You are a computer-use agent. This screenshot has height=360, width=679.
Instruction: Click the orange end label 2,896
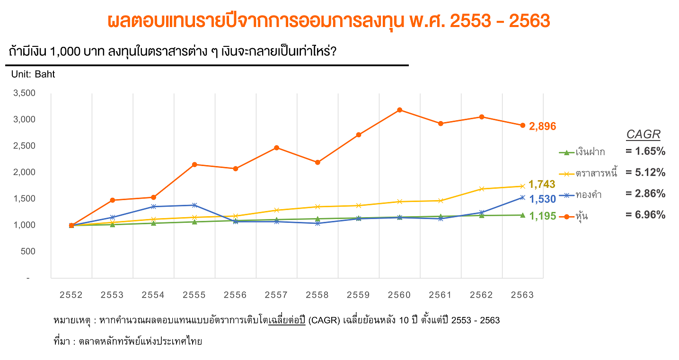pos(542,126)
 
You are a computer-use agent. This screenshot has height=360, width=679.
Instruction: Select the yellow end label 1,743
pos(542,184)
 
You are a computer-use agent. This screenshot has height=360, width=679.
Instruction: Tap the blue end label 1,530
pos(542,199)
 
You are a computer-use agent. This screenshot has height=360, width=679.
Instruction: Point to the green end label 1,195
pos(542,216)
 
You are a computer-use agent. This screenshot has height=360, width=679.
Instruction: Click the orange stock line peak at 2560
pos(399,110)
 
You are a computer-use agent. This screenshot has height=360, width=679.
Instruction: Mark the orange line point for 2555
pos(194,165)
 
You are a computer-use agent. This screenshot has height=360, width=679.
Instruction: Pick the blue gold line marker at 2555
pos(194,205)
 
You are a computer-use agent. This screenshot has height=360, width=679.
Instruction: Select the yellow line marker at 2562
pos(482,189)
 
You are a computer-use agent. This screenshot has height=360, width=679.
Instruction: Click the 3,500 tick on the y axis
pos(25,93)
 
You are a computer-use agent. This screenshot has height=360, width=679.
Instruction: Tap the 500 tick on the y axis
pos(29,251)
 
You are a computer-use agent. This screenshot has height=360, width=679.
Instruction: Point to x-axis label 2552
pos(71,295)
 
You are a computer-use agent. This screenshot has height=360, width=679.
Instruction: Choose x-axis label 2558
pos(317,295)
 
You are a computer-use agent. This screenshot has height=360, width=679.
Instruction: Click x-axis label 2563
pos(522,295)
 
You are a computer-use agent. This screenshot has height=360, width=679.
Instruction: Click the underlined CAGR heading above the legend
pos(643,135)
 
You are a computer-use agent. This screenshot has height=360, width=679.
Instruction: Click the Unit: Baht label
pos(33,74)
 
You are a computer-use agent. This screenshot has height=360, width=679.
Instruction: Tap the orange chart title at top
pos(329,21)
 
